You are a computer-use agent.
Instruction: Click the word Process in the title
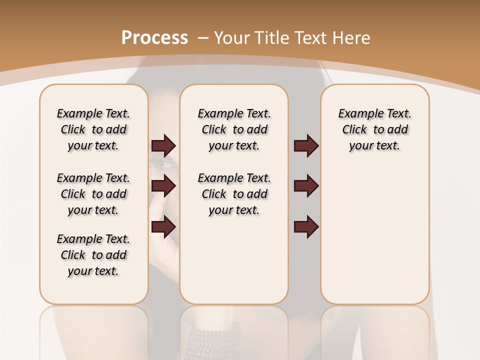point(154,38)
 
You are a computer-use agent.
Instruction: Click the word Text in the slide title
point(311,38)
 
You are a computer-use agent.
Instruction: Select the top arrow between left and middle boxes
point(163,146)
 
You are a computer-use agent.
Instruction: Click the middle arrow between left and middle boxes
point(163,186)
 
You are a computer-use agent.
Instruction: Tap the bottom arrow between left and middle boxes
point(163,227)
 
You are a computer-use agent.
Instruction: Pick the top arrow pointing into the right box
point(306,146)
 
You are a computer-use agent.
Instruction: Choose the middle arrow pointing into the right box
point(306,186)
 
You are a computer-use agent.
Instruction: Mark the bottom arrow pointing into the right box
point(306,227)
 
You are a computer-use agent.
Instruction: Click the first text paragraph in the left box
point(93,129)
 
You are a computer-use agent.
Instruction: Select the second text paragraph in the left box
point(93,194)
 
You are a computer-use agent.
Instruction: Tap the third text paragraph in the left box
point(93,255)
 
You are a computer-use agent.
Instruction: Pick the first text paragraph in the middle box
point(234,129)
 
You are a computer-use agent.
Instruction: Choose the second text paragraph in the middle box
point(234,194)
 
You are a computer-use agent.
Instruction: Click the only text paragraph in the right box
point(374,129)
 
